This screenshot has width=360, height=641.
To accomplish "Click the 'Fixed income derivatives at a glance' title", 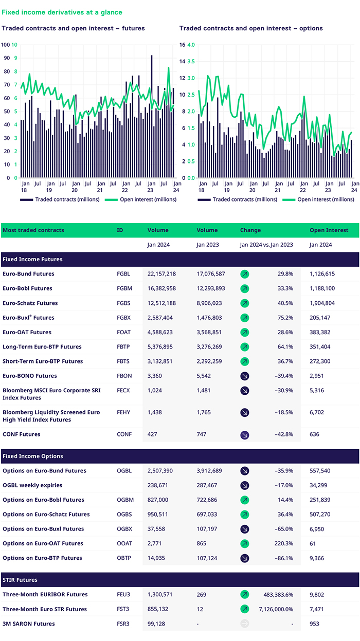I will point(62,12).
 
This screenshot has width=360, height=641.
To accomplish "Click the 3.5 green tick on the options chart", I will point(191,61).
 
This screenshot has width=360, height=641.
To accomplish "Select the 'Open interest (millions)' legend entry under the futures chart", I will point(140,199).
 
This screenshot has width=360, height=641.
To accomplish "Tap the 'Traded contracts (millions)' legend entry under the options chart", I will point(237,199).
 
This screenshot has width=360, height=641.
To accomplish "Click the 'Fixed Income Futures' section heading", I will point(33,259).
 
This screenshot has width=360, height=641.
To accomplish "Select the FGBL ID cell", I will point(124,274).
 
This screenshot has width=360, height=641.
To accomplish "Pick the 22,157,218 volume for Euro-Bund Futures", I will point(161,274).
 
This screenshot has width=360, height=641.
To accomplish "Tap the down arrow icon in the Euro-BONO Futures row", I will point(245,376).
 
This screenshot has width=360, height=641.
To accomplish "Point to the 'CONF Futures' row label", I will point(21,434).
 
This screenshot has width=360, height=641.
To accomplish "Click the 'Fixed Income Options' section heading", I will point(33,456).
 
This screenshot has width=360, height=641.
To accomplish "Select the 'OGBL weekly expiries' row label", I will point(32,485).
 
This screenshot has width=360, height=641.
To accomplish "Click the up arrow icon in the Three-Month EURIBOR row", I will point(245,595).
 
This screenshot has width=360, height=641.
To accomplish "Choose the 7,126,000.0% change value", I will point(278,609).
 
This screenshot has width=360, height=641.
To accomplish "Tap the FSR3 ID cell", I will point(123,624).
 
